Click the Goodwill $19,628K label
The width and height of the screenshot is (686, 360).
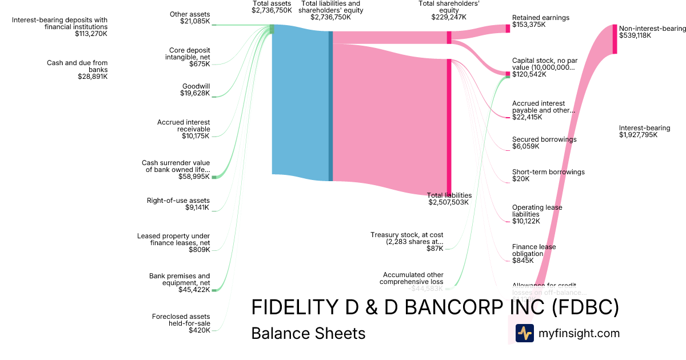point(195,90)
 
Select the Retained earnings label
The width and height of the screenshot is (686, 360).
point(541,22)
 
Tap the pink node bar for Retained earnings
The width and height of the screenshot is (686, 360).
point(507,28)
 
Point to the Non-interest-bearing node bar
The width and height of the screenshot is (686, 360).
point(615,39)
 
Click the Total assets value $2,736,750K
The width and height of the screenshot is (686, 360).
point(272,10)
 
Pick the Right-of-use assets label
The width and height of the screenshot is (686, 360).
point(178,204)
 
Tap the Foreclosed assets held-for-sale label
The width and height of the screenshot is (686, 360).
point(181,323)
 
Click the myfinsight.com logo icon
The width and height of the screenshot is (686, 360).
point(524,333)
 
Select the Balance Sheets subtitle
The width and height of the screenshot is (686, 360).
point(308,333)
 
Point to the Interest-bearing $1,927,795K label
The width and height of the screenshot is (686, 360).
point(644,131)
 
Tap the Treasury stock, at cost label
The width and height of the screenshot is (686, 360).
point(406,242)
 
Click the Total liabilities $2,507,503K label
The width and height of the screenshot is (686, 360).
point(449,198)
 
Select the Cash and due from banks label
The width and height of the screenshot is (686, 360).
point(77,70)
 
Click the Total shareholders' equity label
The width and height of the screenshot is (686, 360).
point(449,10)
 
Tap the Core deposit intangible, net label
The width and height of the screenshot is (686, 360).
point(187,57)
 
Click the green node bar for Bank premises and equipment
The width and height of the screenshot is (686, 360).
point(215,290)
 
